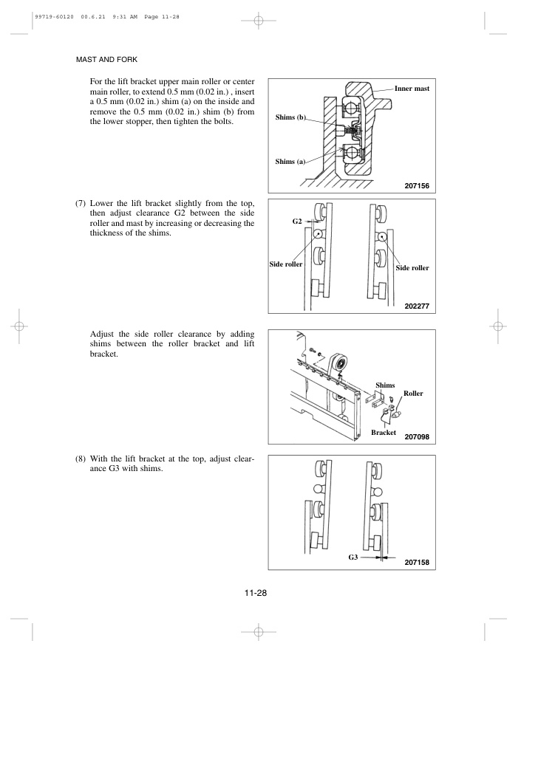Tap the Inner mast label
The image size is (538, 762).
point(412,89)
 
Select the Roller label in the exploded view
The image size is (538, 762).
point(413,394)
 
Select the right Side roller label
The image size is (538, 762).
point(412,269)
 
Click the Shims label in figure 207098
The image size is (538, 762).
point(385,385)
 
